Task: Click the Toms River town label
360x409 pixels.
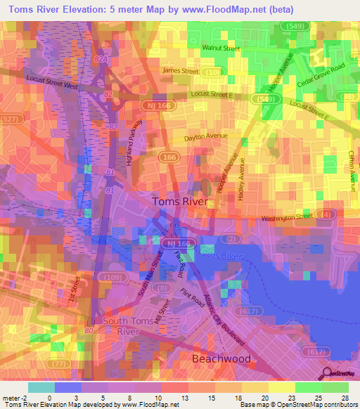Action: [180, 201]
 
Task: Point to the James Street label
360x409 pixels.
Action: [181, 71]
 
